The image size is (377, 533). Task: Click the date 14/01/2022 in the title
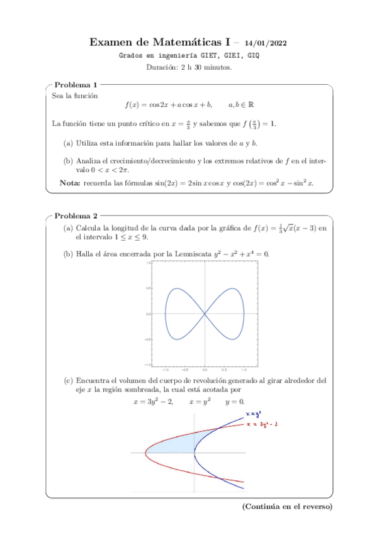[266, 43]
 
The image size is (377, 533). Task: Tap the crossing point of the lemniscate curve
[204, 313]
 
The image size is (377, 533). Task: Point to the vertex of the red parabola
[145, 453]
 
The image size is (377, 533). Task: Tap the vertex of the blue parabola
[194, 453]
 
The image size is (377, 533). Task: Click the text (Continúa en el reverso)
[286, 507]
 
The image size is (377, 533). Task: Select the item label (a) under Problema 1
[68, 143]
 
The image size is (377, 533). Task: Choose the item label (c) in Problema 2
[68, 380]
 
